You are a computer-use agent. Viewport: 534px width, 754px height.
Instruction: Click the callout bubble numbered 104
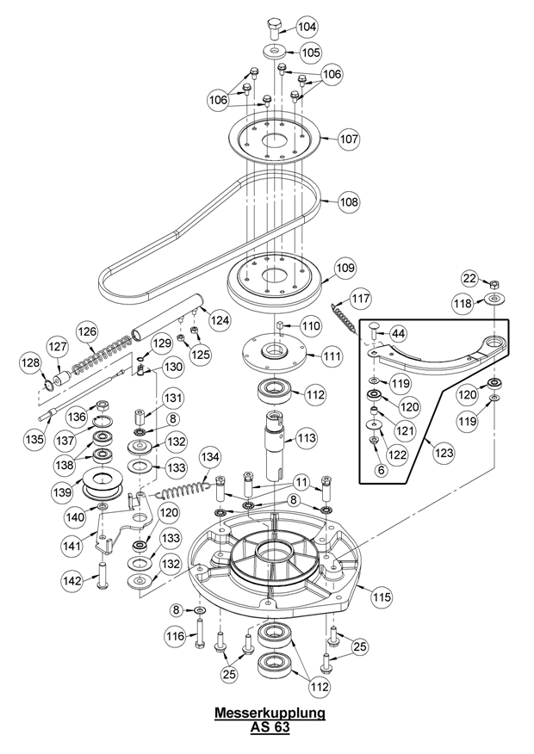[x=307, y=27]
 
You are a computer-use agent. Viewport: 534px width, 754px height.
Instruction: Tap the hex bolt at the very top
[x=275, y=29]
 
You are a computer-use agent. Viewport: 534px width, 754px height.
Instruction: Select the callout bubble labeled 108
[x=349, y=201]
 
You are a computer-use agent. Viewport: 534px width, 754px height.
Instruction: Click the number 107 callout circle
[x=349, y=139]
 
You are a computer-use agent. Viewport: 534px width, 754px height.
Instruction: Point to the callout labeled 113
[x=307, y=438]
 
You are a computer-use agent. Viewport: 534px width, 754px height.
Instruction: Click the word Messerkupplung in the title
[x=270, y=713]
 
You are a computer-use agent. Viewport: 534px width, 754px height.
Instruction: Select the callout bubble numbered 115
[x=382, y=596]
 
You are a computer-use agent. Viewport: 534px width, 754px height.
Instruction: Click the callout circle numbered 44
[x=397, y=333]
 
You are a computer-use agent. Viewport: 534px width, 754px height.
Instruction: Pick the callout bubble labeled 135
[x=34, y=439]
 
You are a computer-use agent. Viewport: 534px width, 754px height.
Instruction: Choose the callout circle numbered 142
[x=72, y=581]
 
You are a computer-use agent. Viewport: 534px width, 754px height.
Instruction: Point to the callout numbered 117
[x=360, y=298]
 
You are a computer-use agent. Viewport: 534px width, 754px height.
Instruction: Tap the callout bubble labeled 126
[x=88, y=331]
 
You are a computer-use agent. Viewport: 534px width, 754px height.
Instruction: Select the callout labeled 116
[x=175, y=636]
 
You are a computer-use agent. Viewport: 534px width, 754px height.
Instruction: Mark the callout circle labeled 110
[x=311, y=326]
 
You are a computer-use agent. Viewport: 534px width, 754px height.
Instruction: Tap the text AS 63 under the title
[x=270, y=726]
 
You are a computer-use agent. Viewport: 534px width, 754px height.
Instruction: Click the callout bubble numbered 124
[x=220, y=320]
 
